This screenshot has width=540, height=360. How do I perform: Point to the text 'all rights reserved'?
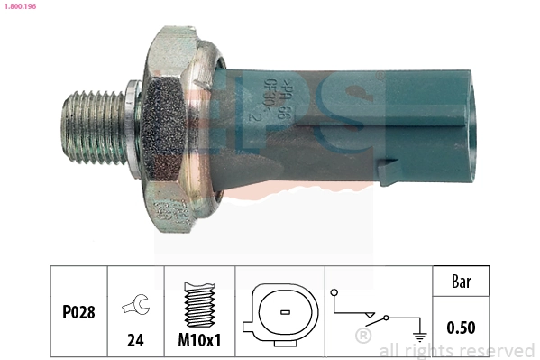tap(457, 350)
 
